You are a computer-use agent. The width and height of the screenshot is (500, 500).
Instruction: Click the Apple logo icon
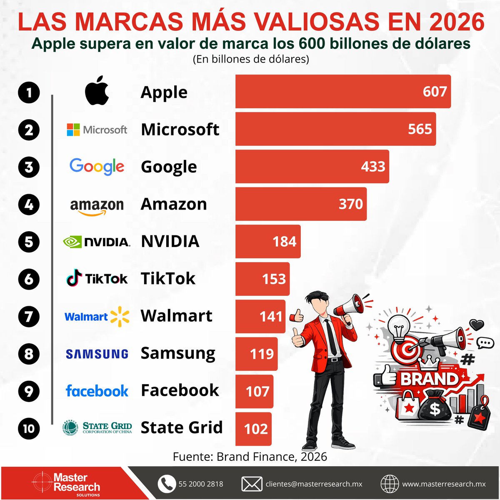click(97, 90)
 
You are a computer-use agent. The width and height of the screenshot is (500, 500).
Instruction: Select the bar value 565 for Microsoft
click(420, 129)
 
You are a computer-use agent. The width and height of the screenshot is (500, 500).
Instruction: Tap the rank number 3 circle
click(29, 167)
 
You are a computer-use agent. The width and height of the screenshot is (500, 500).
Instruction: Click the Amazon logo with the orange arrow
click(97, 206)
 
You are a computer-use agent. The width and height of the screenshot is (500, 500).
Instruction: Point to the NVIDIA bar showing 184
click(268, 242)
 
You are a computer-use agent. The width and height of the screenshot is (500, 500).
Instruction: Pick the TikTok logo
click(97, 278)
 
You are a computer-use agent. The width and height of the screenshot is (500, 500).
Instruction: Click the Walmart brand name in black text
click(176, 316)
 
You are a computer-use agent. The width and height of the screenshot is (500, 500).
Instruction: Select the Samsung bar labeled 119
click(257, 354)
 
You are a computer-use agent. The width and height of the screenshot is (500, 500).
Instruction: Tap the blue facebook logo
click(97, 391)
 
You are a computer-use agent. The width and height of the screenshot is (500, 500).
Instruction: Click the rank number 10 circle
click(29, 428)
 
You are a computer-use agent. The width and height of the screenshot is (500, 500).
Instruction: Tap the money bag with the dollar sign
click(435, 407)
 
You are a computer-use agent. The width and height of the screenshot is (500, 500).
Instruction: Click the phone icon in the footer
click(167, 484)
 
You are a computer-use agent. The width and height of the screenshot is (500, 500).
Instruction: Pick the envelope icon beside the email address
click(252, 484)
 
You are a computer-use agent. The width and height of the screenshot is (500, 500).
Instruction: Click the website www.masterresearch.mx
click(444, 484)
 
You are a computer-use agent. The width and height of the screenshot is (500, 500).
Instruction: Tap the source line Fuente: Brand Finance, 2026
click(250, 457)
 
